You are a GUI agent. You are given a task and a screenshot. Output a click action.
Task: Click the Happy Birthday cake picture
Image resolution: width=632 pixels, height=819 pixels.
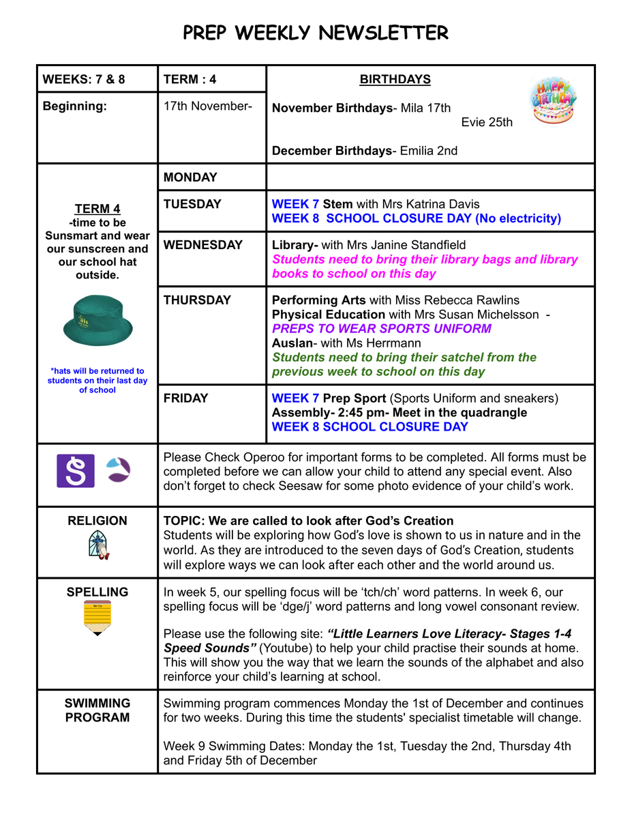click(553, 101)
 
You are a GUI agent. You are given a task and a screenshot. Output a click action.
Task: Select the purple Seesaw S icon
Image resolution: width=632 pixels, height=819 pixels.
click(75, 471)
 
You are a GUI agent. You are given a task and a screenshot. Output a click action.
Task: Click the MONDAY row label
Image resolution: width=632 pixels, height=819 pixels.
click(190, 177)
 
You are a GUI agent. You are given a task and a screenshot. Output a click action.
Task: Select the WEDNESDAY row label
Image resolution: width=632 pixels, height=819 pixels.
click(203, 245)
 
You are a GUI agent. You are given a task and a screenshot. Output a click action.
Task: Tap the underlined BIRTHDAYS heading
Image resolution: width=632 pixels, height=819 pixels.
click(395, 80)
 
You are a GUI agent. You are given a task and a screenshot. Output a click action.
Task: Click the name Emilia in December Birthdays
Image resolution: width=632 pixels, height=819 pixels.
click(418, 151)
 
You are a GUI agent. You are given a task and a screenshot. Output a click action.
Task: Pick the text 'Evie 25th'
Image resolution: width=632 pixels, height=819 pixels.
click(487, 123)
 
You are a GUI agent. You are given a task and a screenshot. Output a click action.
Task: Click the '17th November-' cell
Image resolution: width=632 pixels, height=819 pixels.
click(208, 106)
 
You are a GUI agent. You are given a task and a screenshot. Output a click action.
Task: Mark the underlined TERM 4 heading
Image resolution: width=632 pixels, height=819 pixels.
click(97, 209)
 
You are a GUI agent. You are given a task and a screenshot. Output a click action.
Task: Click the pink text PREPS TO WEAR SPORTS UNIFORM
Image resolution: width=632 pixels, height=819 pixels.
click(381, 329)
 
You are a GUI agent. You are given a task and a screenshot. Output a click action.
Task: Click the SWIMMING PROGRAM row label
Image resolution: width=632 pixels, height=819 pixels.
click(97, 710)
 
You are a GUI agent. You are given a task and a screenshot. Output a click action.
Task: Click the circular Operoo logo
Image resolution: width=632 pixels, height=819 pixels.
click(121, 470)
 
